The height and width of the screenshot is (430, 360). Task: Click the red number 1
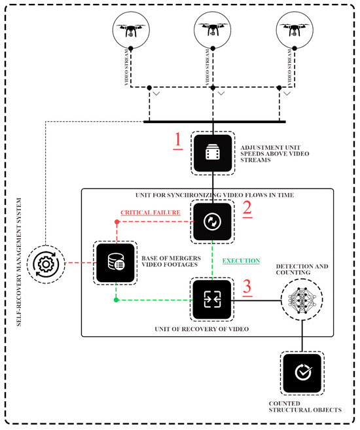pos(176,140)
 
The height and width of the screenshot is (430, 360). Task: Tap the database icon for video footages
pos(116,264)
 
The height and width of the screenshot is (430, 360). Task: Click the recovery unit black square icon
pos(213,299)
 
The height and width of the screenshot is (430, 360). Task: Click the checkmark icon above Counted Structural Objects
pos(301,372)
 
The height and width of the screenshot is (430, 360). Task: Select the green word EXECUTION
pos(240,260)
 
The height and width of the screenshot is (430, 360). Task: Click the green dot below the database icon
pos(116,300)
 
